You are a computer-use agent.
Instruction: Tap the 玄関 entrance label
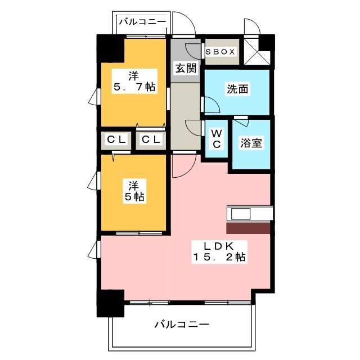coord(185,69)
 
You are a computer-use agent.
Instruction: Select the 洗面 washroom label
coord(237,89)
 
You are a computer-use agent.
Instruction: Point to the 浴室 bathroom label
coord(251,143)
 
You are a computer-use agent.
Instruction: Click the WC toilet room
coord(216,138)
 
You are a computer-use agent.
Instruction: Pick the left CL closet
coord(116,140)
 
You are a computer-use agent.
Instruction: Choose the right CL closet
coord(150,140)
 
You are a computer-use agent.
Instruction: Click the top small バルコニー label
coord(142,22)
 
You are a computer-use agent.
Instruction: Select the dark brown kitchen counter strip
coord(248,228)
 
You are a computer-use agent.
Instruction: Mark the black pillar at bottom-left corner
coord(110,304)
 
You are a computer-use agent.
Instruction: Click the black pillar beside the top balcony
coord(110,48)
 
